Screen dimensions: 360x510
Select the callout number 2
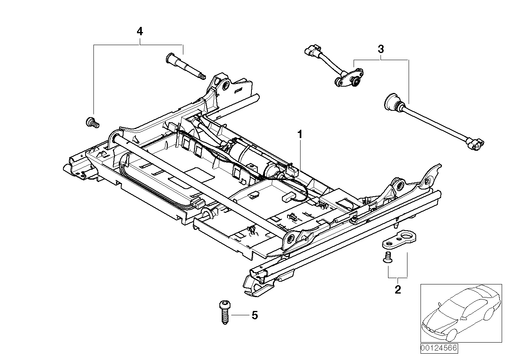point(398,290)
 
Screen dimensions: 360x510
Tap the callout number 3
point(380,49)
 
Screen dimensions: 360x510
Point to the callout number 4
point(139,32)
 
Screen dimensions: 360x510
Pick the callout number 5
point(255,315)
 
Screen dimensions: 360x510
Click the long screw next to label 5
point(224,313)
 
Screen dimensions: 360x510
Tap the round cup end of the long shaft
point(392,101)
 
